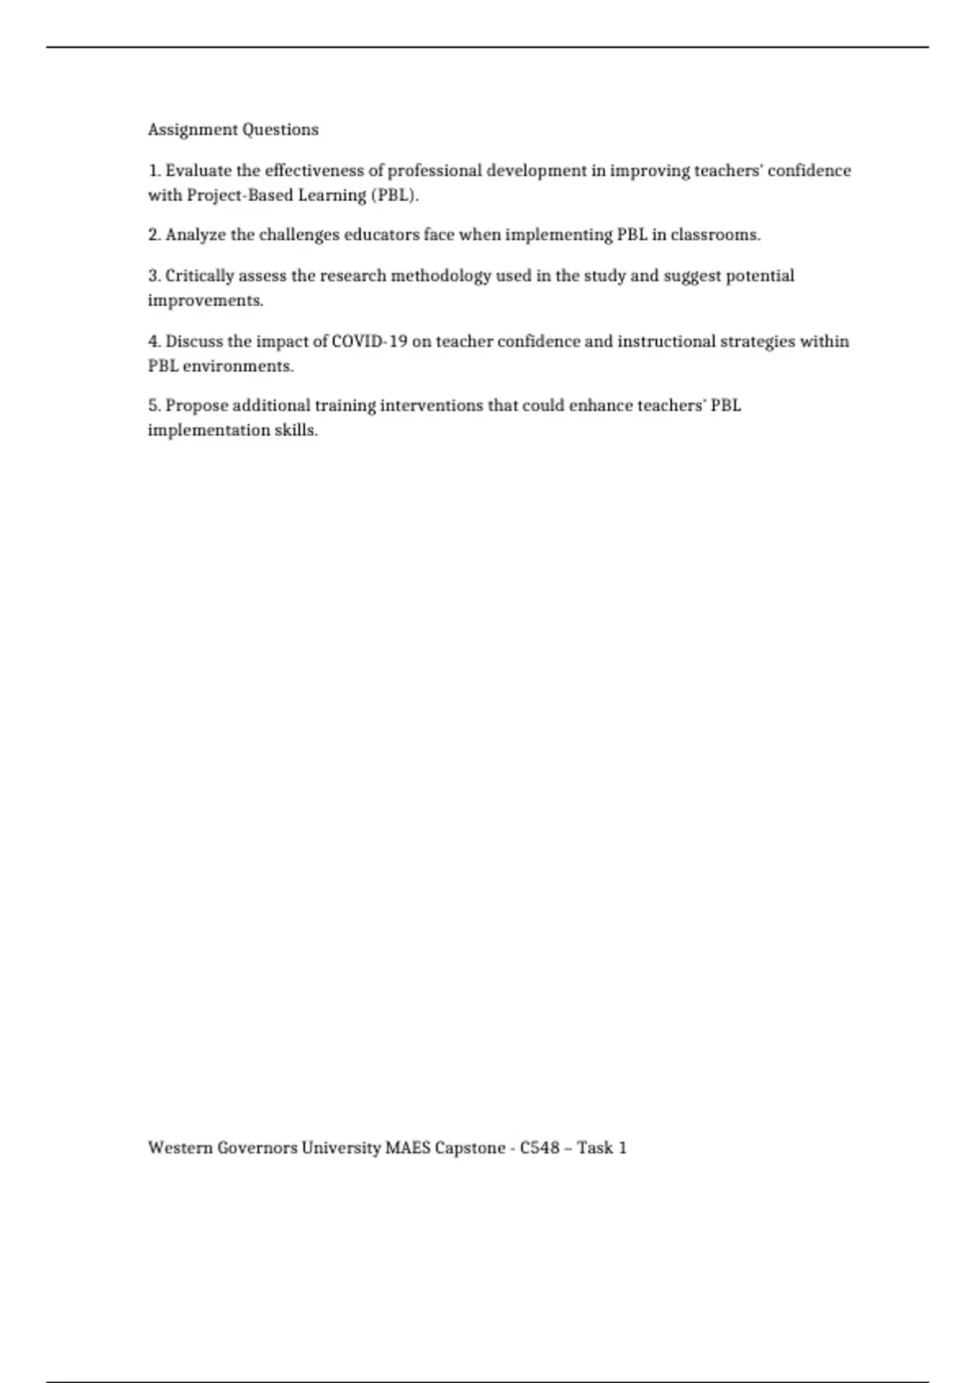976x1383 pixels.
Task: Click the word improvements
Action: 205,300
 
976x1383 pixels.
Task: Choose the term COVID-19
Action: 369,342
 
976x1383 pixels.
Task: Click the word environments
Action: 237,366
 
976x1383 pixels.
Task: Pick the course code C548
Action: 540,1148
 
